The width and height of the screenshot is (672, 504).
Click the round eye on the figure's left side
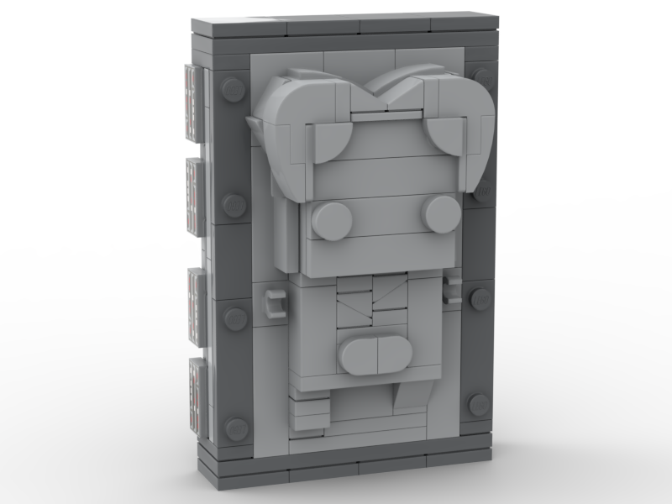click(333, 220)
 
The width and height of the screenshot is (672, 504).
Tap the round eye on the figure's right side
click(440, 214)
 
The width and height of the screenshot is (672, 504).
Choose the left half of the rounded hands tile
click(359, 355)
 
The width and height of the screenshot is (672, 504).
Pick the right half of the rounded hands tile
click(396, 352)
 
